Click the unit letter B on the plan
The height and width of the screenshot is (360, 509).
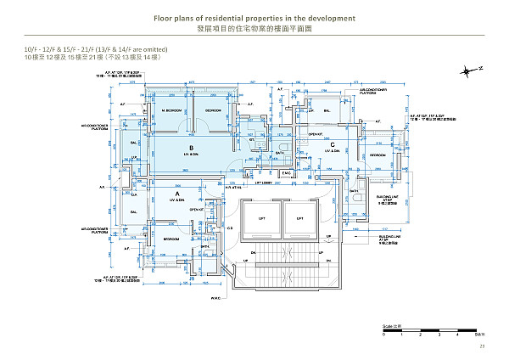click(193, 148)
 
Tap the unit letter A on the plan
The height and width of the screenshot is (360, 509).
click(176, 194)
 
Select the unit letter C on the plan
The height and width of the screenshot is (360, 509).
click(333, 144)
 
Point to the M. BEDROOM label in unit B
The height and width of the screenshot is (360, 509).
click(175, 111)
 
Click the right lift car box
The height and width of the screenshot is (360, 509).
click(299, 218)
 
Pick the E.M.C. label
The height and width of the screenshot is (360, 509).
click(286, 174)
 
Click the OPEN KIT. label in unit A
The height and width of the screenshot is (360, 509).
click(196, 209)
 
